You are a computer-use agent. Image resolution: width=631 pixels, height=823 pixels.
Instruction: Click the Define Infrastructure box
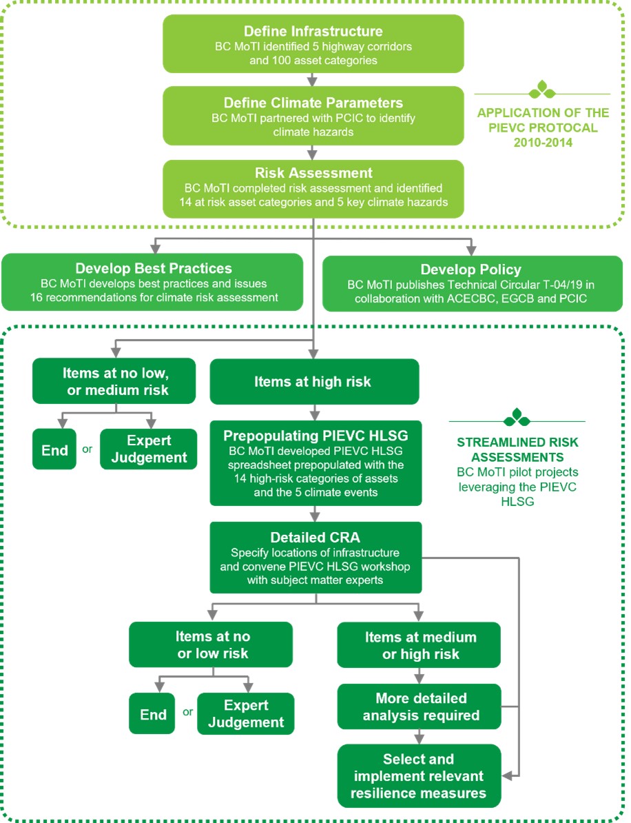(x=313, y=43)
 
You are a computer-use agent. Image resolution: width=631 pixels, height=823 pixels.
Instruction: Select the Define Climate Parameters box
(x=313, y=116)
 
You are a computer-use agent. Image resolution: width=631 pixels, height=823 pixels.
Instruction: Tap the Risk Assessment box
(x=313, y=189)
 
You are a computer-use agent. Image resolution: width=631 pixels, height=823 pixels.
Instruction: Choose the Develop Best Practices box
(x=153, y=283)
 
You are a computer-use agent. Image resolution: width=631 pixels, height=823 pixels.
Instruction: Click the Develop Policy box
(x=473, y=283)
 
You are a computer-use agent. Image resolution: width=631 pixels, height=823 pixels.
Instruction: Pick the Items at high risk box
(x=314, y=382)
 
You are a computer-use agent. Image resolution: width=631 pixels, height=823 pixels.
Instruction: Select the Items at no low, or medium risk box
(x=114, y=381)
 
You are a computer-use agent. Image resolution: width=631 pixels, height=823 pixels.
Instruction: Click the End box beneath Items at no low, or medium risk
(x=54, y=449)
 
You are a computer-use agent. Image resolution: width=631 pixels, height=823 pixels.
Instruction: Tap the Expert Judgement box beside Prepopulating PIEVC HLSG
(x=148, y=449)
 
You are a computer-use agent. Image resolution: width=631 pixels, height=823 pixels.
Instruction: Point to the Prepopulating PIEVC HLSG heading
(x=315, y=436)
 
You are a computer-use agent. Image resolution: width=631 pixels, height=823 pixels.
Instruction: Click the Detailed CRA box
(x=315, y=558)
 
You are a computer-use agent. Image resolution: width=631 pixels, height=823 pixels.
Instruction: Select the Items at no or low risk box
(x=211, y=644)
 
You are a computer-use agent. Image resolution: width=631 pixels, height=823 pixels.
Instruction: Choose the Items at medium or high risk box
(x=419, y=645)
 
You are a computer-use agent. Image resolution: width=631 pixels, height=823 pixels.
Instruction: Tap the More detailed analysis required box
(x=419, y=707)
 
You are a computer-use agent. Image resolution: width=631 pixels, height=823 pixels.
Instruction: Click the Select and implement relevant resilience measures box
(x=419, y=775)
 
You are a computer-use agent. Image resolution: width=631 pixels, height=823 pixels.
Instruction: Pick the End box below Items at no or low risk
(x=152, y=714)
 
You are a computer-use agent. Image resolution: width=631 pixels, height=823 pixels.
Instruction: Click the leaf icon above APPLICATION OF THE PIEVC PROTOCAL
(x=542, y=90)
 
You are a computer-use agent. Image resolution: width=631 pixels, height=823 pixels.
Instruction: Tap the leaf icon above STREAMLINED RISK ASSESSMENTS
(x=517, y=417)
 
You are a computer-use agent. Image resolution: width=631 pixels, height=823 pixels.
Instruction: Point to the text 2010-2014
(x=543, y=142)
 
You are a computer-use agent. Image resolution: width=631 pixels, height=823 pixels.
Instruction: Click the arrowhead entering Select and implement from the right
(x=507, y=775)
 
